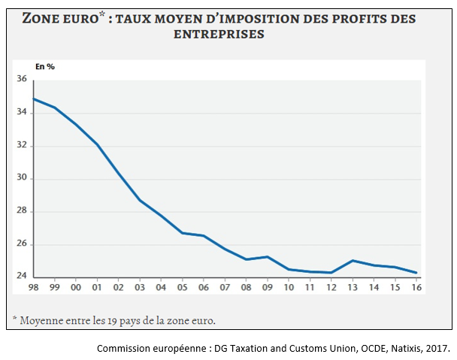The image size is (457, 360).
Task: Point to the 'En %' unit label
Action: click(45, 67)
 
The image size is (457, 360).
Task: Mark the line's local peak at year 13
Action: click(353, 260)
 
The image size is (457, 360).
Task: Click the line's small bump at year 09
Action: click(268, 257)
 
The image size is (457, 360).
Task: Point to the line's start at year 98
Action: click(32, 98)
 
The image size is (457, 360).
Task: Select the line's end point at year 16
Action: click(416, 272)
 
